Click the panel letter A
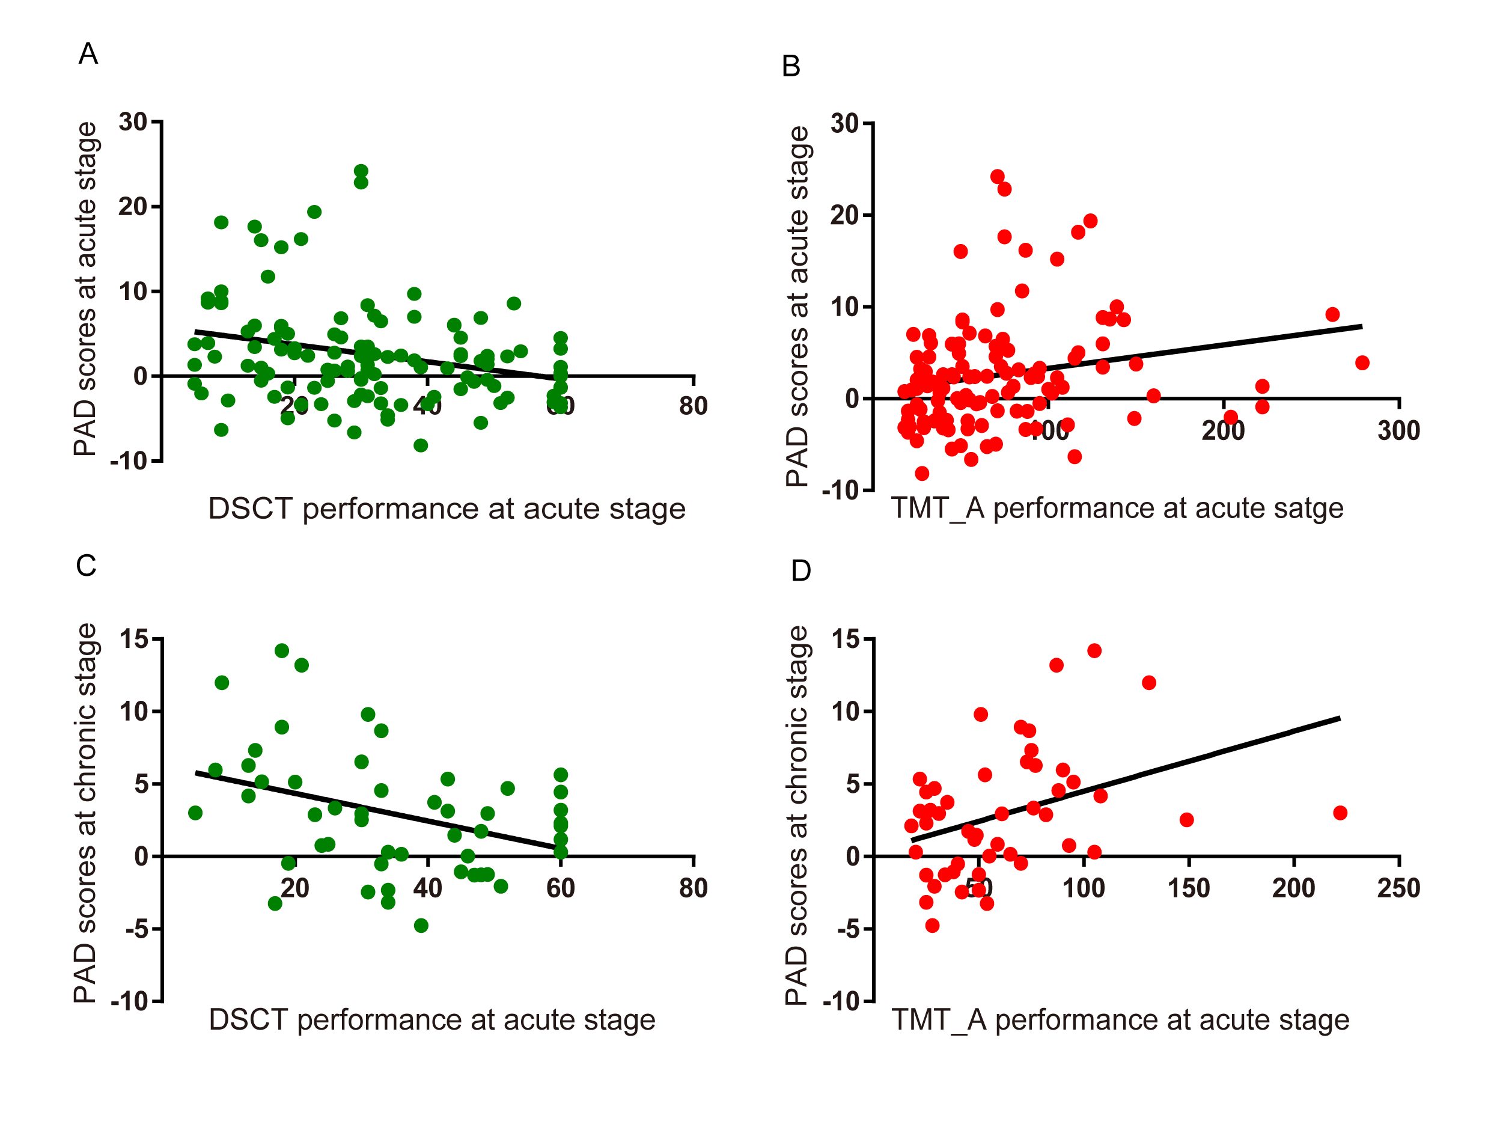[88, 53]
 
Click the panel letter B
[790, 66]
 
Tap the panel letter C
[86, 565]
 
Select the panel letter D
[800, 571]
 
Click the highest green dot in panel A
[361, 171]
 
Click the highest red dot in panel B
[998, 177]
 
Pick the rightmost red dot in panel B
[1362, 363]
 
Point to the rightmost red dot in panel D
[1340, 813]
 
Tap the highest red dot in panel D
[1094, 650]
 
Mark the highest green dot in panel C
[282, 650]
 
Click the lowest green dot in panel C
[421, 926]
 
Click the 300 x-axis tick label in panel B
[1399, 430]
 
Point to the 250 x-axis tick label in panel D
[1399, 888]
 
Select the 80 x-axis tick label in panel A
[694, 406]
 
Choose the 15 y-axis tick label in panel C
[133, 639]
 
